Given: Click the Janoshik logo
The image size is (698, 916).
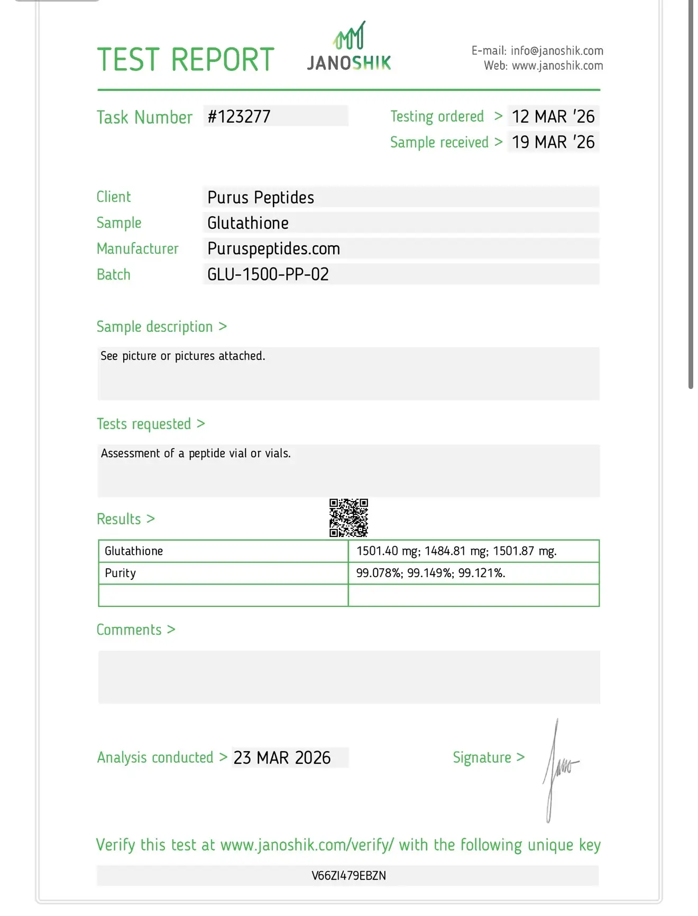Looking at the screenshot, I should click(349, 48).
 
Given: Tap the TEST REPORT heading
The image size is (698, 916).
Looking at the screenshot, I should click(186, 59).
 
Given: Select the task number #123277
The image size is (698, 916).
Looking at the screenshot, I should click(239, 116).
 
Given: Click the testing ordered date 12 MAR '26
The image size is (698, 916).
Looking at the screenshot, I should click(553, 116).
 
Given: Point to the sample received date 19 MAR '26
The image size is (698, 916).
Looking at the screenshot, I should click(553, 142).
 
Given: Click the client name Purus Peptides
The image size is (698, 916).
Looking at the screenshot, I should click(261, 197).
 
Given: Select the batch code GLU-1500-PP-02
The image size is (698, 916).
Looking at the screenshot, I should click(268, 274).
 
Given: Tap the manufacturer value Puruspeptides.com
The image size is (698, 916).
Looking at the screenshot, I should click(273, 248).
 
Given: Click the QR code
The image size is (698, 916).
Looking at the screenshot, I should click(348, 518).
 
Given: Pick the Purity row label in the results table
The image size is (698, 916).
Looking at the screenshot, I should click(121, 573).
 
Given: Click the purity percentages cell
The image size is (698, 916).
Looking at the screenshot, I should click(430, 573).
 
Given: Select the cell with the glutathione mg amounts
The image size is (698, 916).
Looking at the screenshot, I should click(456, 551).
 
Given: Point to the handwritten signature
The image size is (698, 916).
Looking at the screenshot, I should click(559, 769).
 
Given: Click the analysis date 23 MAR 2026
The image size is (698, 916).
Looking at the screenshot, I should click(282, 758).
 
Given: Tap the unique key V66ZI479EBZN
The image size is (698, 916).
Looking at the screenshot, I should click(348, 876).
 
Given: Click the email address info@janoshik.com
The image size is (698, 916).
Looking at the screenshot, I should click(557, 51).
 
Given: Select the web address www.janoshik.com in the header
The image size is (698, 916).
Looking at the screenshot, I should click(557, 66).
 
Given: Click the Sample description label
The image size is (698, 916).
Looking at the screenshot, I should click(154, 327).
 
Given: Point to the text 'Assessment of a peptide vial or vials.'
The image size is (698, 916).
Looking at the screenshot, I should click(196, 454).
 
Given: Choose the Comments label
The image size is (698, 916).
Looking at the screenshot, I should click(129, 630).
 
